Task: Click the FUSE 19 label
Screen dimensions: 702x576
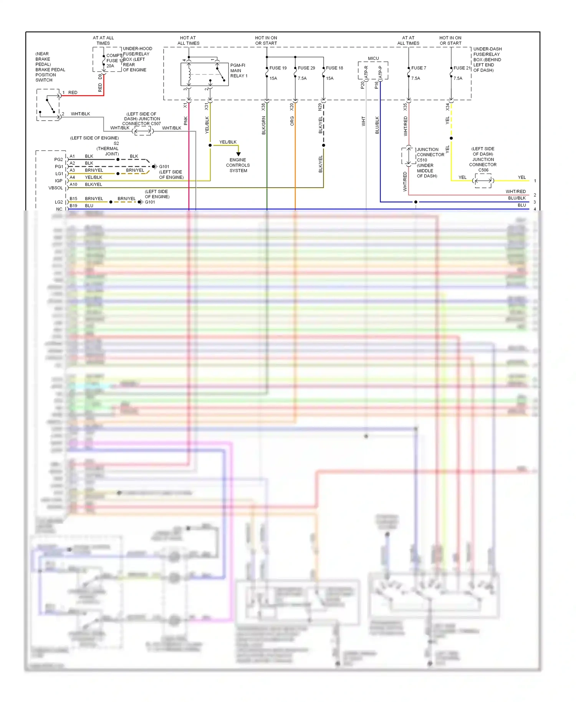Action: pyautogui.click(x=278, y=68)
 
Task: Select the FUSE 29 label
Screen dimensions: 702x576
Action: pyautogui.click(x=306, y=68)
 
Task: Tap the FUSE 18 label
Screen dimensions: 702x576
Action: pyautogui.click(x=334, y=68)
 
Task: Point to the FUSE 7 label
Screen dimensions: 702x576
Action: pyautogui.click(x=419, y=68)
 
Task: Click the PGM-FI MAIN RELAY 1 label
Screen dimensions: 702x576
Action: pyautogui.click(x=238, y=71)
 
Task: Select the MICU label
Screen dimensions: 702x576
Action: pyautogui.click(x=373, y=58)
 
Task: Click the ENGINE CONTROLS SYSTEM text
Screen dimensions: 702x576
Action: pyautogui.click(x=238, y=165)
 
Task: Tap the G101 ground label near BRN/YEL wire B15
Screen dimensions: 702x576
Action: pyautogui.click(x=150, y=202)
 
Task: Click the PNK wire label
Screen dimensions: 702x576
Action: pyautogui.click(x=186, y=121)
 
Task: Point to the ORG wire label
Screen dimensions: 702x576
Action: pyautogui.click(x=292, y=121)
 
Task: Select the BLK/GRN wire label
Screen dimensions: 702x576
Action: pyautogui.click(x=263, y=126)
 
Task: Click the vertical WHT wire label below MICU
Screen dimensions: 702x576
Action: pyautogui.click(x=363, y=122)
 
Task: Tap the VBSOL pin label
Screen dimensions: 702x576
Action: pyautogui.click(x=55, y=188)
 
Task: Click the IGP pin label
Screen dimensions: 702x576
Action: pyautogui.click(x=58, y=180)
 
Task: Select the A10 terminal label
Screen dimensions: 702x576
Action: pyautogui.click(x=73, y=184)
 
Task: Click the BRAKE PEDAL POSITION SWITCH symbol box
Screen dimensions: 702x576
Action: pyautogui.click(x=48, y=105)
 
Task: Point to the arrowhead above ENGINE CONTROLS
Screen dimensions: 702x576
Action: pyautogui.click(x=238, y=154)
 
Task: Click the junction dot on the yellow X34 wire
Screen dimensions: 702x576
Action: pyautogui.click(x=451, y=138)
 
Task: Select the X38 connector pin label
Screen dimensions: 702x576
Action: pyautogui.click(x=263, y=107)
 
